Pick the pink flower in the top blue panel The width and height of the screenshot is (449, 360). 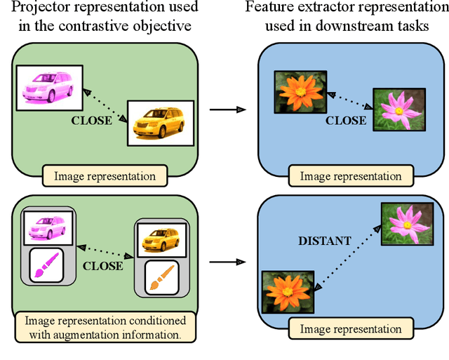(x=398, y=109)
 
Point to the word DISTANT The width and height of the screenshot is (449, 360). (x=325, y=241)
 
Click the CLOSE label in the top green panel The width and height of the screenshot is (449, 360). (x=92, y=120)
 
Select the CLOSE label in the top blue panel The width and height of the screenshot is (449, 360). (x=345, y=120)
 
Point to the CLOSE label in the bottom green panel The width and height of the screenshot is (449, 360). (x=102, y=266)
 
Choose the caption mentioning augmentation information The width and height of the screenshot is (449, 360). (x=102, y=328)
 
